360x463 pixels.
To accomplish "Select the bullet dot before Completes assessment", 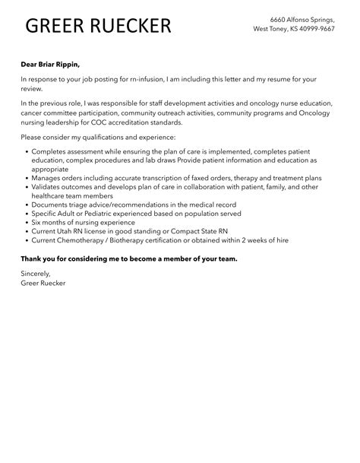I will [26, 151].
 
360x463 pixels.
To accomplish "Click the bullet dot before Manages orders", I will [26, 178].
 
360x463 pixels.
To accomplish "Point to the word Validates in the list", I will [48, 187].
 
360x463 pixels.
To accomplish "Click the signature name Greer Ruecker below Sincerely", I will [44, 283].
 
